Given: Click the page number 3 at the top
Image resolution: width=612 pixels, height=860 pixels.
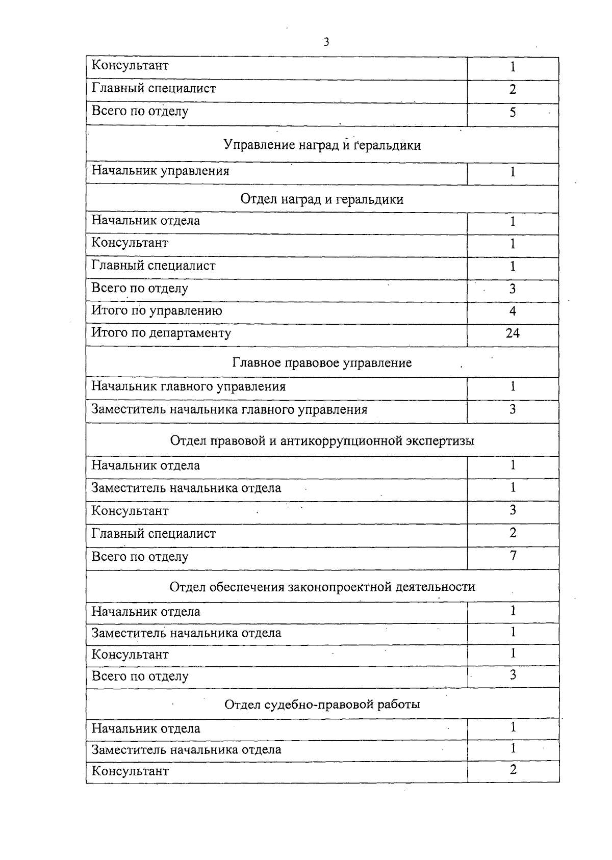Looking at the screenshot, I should pyautogui.click(x=326, y=42).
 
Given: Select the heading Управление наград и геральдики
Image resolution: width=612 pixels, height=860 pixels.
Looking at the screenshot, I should pyautogui.click(x=322, y=145).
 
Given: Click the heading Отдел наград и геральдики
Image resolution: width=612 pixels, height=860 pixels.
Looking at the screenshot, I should pyautogui.click(x=322, y=199).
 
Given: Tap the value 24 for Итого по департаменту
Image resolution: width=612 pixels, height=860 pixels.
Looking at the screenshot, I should pyautogui.click(x=513, y=333).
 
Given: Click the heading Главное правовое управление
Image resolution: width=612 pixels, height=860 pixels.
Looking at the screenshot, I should pyautogui.click(x=322, y=363).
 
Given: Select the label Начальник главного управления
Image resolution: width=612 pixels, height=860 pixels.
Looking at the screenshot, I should pyautogui.click(x=188, y=386).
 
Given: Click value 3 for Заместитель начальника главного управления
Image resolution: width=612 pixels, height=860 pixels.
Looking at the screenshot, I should pyautogui.click(x=513, y=409).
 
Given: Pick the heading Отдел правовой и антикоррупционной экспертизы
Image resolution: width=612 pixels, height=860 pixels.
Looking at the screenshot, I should pyautogui.click(x=322, y=440).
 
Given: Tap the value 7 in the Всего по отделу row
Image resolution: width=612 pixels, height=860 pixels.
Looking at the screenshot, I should pyautogui.click(x=513, y=555).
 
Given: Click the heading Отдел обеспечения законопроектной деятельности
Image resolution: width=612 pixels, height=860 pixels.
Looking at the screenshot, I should pyautogui.click(x=322, y=587).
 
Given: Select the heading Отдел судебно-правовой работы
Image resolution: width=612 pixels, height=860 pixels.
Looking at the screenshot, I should pyautogui.click(x=322, y=705).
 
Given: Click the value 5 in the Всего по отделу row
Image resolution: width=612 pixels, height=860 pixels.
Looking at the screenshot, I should pyautogui.click(x=513, y=112).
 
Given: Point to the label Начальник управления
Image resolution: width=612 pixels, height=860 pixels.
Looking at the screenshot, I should pyautogui.click(x=160, y=171).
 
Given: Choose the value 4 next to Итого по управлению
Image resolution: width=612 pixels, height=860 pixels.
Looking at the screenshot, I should pyautogui.click(x=513, y=311).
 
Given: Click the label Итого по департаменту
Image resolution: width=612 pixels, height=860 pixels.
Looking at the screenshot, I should pyautogui.click(x=161, y=333).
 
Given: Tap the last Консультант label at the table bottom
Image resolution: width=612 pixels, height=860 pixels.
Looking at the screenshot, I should pyautogui.click(x=130, y=771).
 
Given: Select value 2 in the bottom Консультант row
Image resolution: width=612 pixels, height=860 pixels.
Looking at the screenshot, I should pyautogui.click(x=513, y=769).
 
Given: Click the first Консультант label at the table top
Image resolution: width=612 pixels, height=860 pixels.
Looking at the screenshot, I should pyautogui.click(x=130, y=65).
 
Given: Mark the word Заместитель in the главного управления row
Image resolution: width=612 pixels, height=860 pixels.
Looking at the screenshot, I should pyautogui.click(x=129, y=410).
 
